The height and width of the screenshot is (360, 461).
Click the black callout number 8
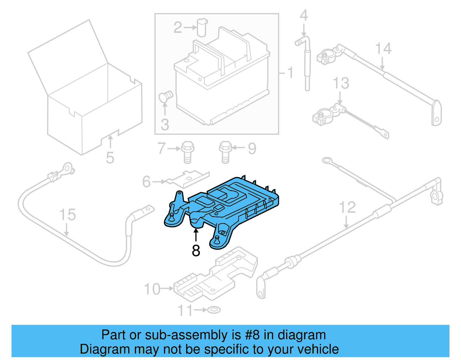point(196,250)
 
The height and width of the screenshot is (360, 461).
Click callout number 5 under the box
point(110,158)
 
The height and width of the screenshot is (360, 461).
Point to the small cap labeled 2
point(202,27)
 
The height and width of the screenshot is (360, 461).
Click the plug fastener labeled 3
point(166,96)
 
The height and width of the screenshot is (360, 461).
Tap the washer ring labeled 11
point(214,310)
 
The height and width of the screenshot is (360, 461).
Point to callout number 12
point(347,208)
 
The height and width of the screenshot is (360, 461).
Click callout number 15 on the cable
point(67,215)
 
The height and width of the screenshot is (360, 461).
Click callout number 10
point(152,289)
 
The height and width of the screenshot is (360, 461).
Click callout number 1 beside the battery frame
point(290,72)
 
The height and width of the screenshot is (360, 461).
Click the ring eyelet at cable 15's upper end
point(67,169)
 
